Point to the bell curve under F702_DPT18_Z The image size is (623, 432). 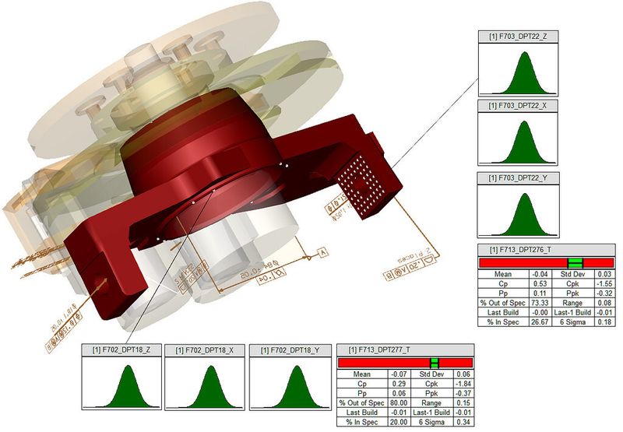123,385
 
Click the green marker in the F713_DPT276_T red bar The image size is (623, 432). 575,262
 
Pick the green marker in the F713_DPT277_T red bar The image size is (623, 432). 435,362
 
